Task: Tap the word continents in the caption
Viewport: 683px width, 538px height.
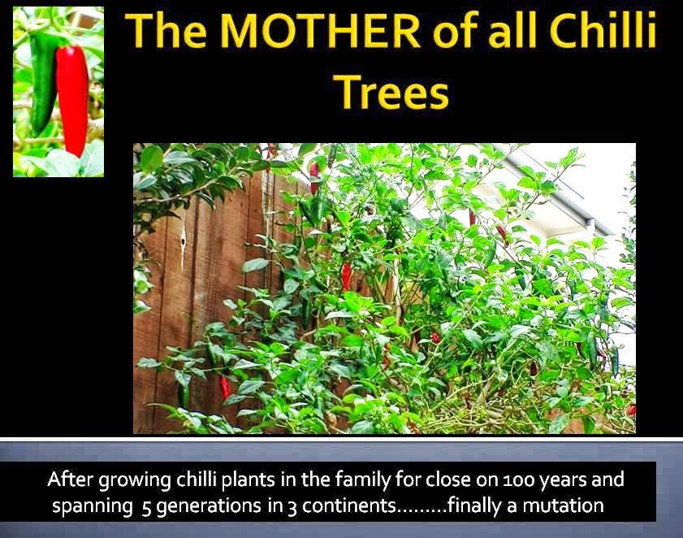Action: [350, 505]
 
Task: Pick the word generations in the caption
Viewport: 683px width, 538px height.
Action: [220, 505]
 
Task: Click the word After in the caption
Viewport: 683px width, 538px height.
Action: [68, 479]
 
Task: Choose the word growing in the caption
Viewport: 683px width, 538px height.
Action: [129, 479]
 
